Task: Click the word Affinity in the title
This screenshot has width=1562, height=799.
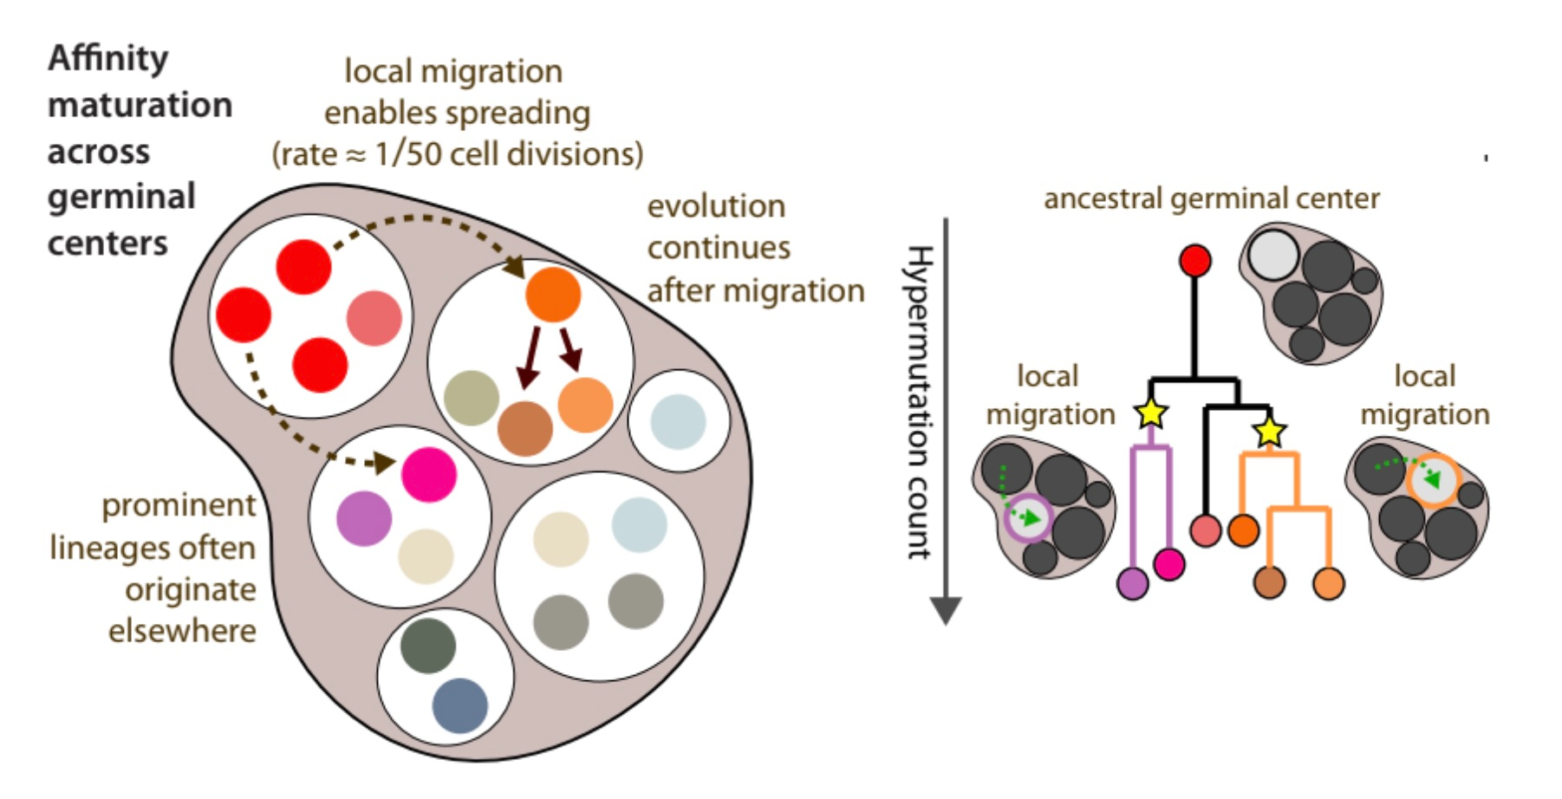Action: pyautogui.click(x=108, y=59)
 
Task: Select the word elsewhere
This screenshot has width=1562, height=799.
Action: pyautogui.click(x=182, y=631)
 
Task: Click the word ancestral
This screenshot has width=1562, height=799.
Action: pyautogui.click(x=1102, y=198)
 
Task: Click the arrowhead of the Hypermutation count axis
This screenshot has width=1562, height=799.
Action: pyautogui.click(x=946, y=610)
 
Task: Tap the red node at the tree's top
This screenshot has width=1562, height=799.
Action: pyautogui.click(x=1195, y=260)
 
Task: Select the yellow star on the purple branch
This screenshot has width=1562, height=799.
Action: pyautogui.click(x=1151, y=412)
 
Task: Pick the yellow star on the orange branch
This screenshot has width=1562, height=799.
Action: pyautogui.click(x=1270, y=431)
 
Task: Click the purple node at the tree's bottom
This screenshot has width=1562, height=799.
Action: pyautogui.click(x=1133, y=583)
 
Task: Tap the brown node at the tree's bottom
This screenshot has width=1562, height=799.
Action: pyautogui.click(x=1270, y=582)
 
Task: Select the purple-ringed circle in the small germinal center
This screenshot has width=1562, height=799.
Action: pyautogui.click(x=1028, y=518)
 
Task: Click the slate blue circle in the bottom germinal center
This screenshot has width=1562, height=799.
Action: pyautogui.click(x=459, y=705)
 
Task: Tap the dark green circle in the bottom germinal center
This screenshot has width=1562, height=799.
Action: pyautogui.click(x=428, y=646)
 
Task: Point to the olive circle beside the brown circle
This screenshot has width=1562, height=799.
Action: pyautogui.click(x=471, y=398)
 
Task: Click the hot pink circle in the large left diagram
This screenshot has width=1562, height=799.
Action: pyautogui.click(x=429, y=474)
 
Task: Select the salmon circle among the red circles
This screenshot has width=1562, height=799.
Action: pyautogui.click(x=374, y=318)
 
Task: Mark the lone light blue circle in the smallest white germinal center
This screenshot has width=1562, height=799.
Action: pyautogui.click(x=678, y=421)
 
